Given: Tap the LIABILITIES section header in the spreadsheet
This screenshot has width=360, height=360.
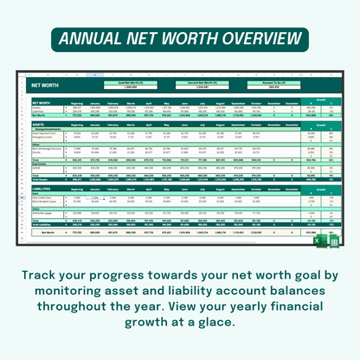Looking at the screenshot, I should point(42,185).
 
